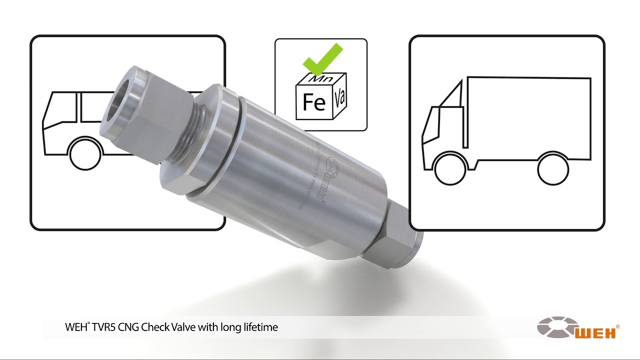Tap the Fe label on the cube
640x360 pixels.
314,102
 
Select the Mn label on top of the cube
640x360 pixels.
319,78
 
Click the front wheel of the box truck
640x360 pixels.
449,168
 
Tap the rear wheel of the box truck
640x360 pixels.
553,168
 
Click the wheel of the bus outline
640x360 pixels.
85,154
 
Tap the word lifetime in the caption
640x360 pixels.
259,328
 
